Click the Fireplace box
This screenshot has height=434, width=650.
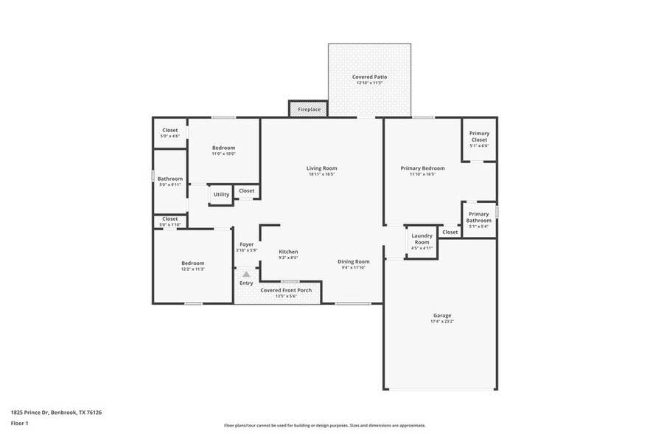pyautogui.click(x=309, y=109)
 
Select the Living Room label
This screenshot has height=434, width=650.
pyautogui.click(x=321, y=168)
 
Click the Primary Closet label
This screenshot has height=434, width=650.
pyautogui.click(x=479, y=134)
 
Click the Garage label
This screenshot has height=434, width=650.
pyautogui.click(x=441, y=316)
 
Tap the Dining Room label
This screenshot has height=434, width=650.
pyautogui.click(x=354, y=261)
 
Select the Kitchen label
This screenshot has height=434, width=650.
pyautogui.click(x=288, y=252)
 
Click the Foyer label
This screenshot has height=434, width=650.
pyautogui.click(x=246, y=244)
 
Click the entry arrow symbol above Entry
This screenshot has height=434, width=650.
pyautogui.click(x=246, y=273)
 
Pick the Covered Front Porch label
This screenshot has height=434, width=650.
pyautogui.click(x=286, y=290)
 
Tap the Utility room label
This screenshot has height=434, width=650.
pyautogui.click(x=221, y=195)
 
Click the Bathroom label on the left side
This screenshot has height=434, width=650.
pyautogui.click(x=170, y=178)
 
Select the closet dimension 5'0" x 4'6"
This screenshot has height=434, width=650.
pyautogui.click(x=170, y=137)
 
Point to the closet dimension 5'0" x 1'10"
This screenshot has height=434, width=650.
pyautogui.click(x=170, y=224)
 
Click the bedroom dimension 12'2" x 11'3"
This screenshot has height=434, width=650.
pyautogui.click(x=193, y=269)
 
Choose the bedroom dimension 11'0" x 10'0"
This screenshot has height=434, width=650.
pyautogui.click(x=223, y=154)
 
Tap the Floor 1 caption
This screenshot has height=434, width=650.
pyautogui.click(x=19, y=424)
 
